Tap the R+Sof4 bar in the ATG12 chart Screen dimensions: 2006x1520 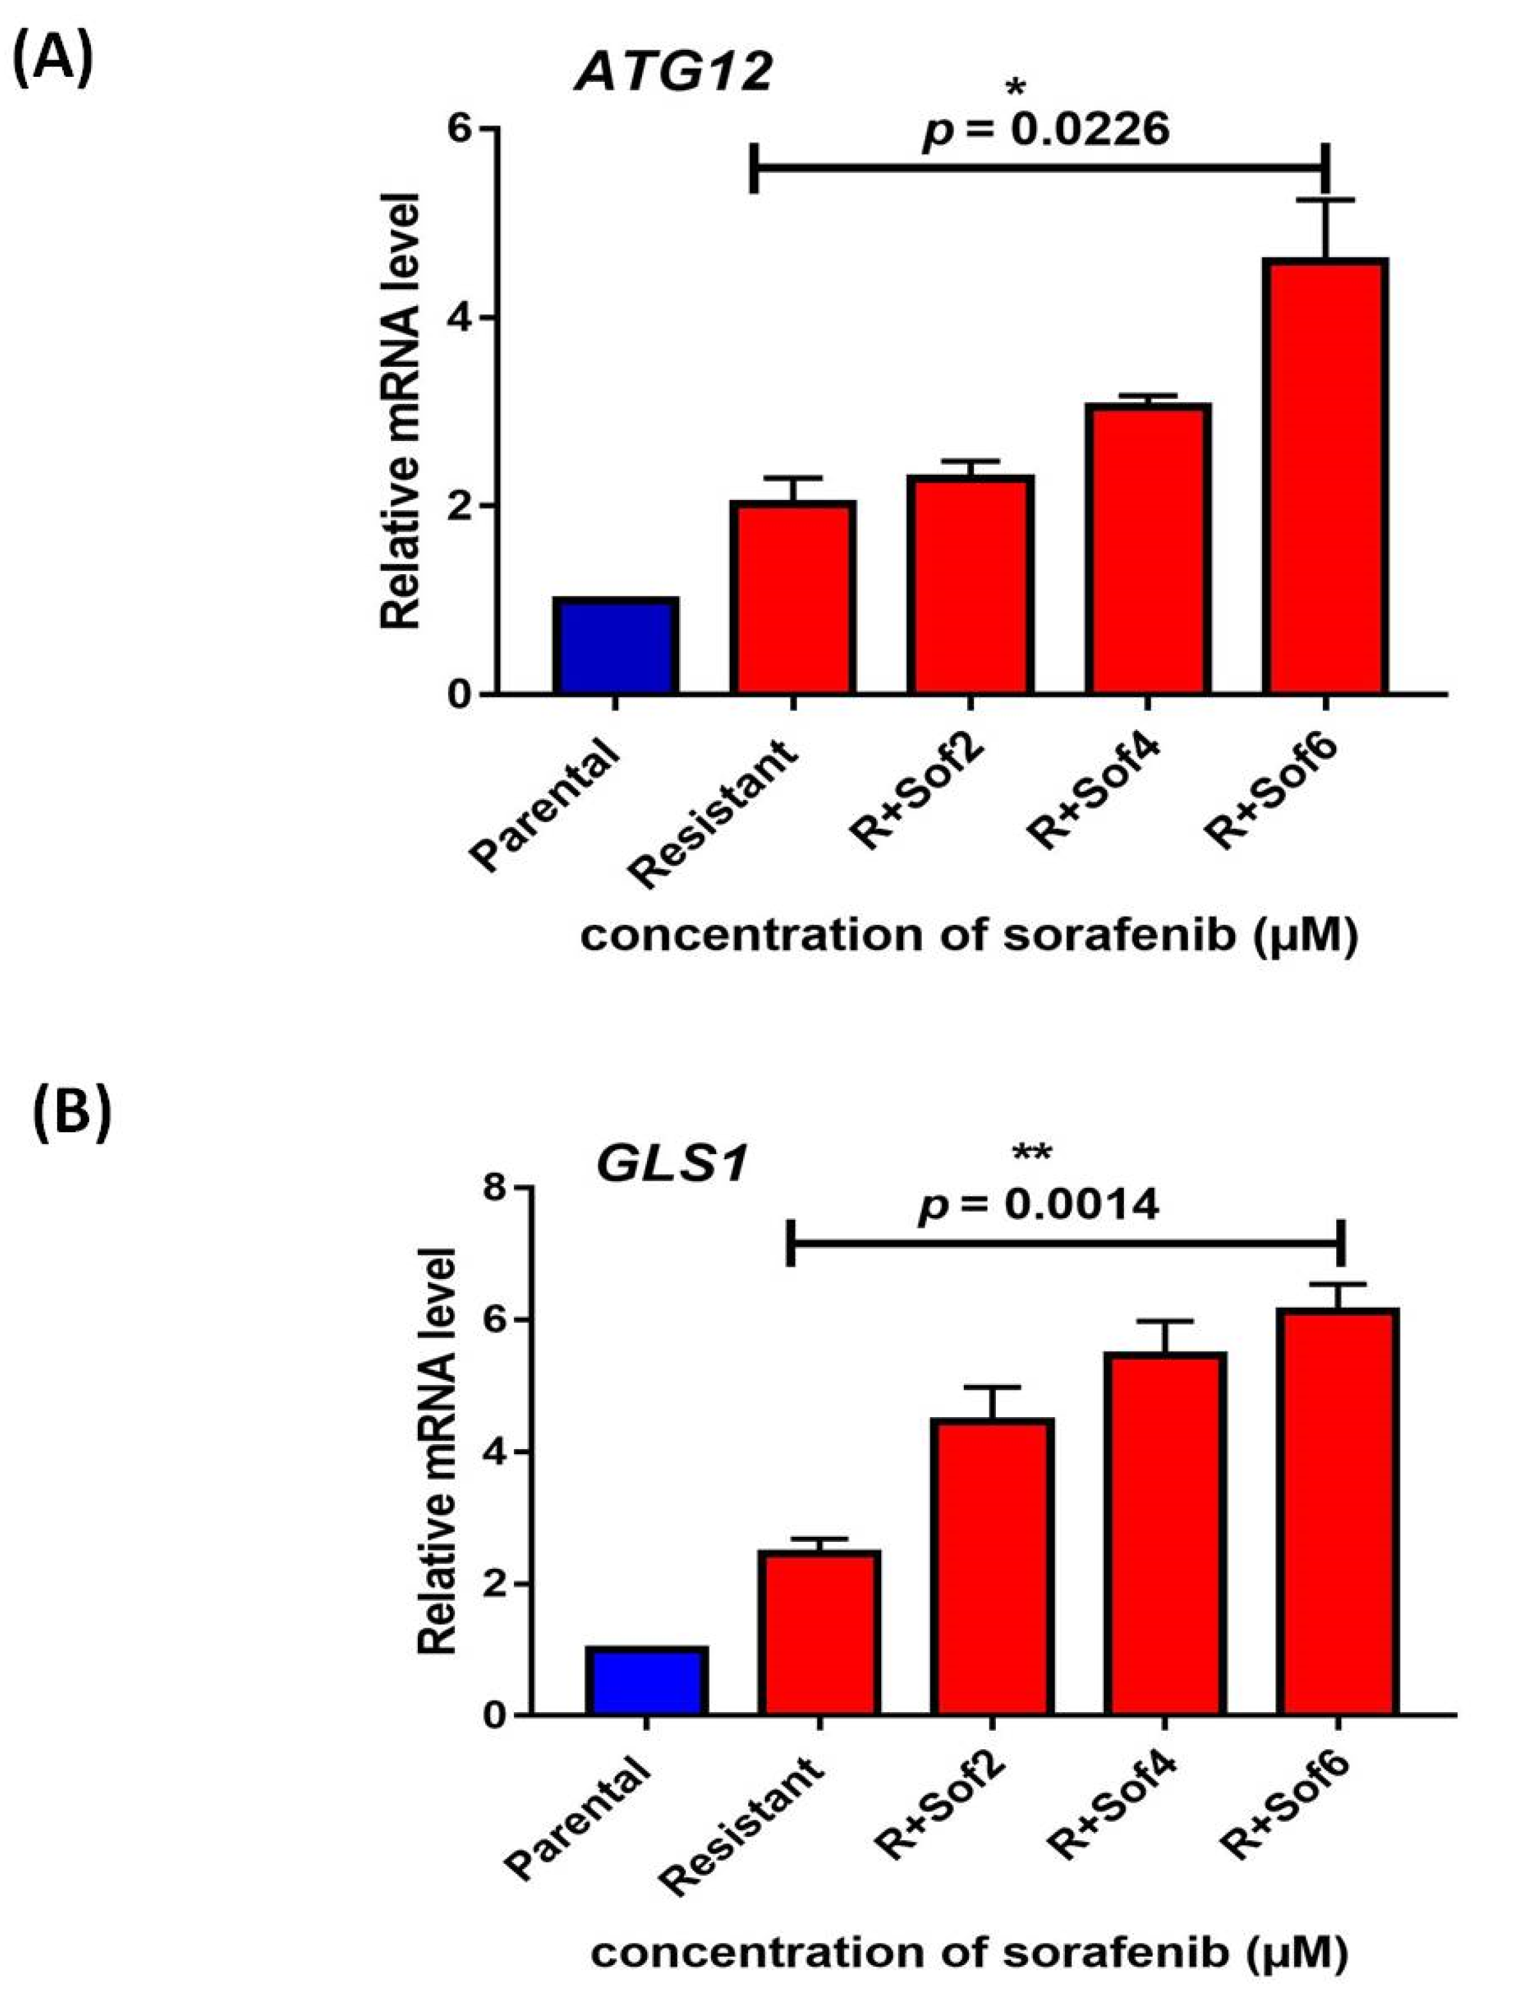point(1148,549)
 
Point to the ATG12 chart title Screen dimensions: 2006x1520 point(673,72)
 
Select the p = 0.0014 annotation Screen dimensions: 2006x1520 point(1039,1205)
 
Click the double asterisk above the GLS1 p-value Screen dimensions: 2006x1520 point(1032,1153)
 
